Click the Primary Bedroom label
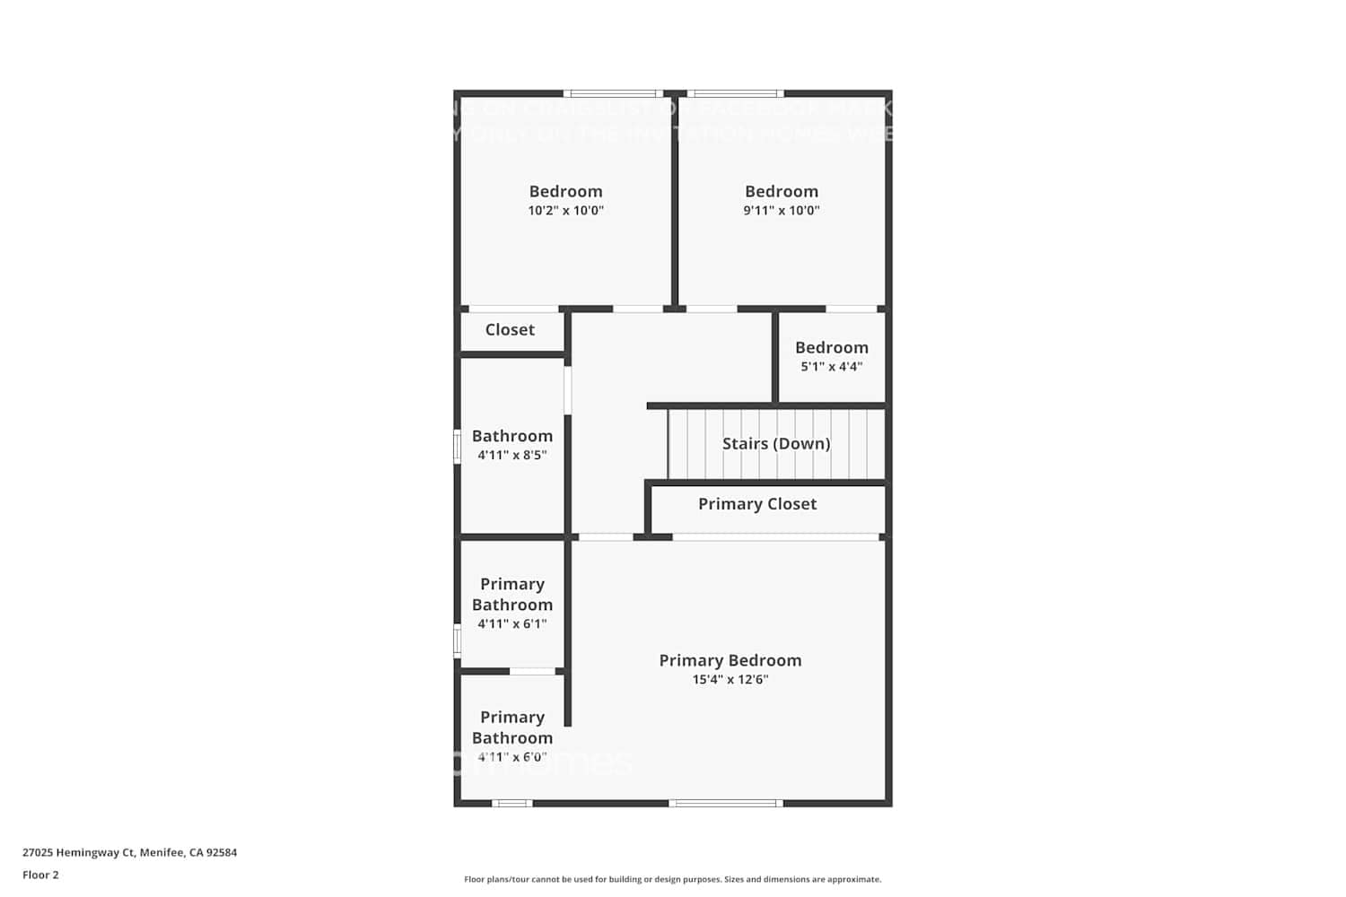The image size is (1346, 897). click(x=730, y=660)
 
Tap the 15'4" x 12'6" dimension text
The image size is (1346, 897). click(x=730, y=680)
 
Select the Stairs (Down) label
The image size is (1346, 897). click(x=776, y=443)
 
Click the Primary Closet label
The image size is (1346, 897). click(x=757, y=504)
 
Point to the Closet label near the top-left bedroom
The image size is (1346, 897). click(x=510, y=329)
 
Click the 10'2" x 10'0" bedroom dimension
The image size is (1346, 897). click(x=565, y=211)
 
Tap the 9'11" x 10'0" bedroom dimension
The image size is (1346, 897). click(x=781, y=211)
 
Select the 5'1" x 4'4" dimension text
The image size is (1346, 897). click(x=831, y=367)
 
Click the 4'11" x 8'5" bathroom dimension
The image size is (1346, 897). click(x=511, y=456)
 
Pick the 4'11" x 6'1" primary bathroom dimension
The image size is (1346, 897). click(x=511, y=624)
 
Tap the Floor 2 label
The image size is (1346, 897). click(x=40, y=875)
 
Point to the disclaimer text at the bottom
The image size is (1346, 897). click(x=672, y=880)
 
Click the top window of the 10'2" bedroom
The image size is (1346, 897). click(x=613, y=93)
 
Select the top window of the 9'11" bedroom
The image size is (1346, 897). click(x=735, y=93)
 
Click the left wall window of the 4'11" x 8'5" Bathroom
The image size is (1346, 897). click(x=457, y=447)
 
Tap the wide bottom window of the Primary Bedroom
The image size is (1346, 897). click(x=726, y=803)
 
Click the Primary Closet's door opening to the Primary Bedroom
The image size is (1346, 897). click(x=775, y=537)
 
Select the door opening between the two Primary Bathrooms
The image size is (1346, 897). click(x=532, y=671)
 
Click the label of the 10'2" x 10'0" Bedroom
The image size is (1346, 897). click(x=565, y=191)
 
